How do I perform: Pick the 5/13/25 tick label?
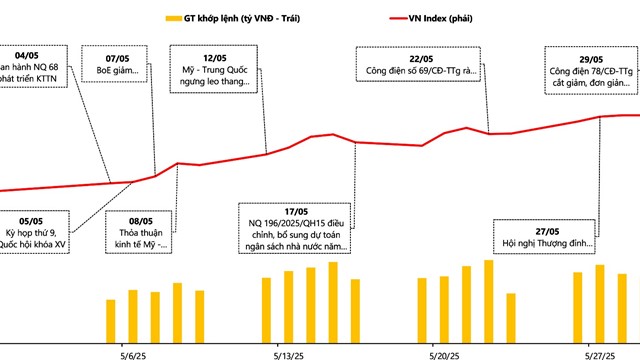[x=288, y=353]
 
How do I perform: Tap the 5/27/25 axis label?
[x=601, y=353]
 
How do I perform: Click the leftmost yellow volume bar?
[x=111, y=320]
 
